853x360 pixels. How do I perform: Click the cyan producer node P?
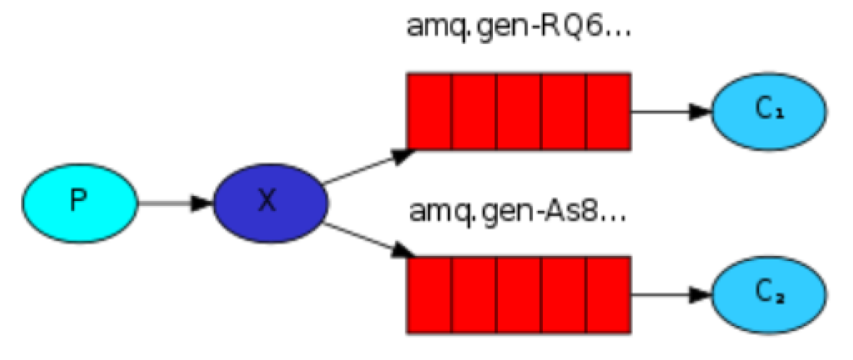click(x=80, y=201)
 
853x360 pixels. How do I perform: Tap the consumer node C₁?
click(x=768, y=111)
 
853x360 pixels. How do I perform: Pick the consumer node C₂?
click(x=768, y=294)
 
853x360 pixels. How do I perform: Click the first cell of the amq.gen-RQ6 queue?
click(x=429, y=111)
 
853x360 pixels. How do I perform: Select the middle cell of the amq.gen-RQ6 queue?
click(x=519, y=111)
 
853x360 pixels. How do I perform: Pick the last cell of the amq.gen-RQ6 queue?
click(x=609, y=111)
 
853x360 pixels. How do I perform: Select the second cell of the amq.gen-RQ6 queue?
click(x=474, y=111)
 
